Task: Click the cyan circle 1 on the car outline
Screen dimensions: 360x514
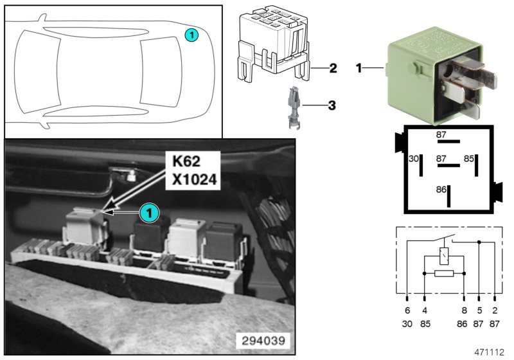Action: (191, 35)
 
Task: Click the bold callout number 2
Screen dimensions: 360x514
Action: (333, 67)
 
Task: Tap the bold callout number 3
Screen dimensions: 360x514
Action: (333, 104)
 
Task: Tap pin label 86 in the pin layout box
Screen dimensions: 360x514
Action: (440, 190)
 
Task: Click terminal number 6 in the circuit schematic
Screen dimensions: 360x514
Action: (407, 309)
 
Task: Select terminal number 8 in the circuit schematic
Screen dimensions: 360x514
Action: (463, 309)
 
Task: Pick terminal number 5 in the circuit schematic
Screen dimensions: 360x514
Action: (479, 309)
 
